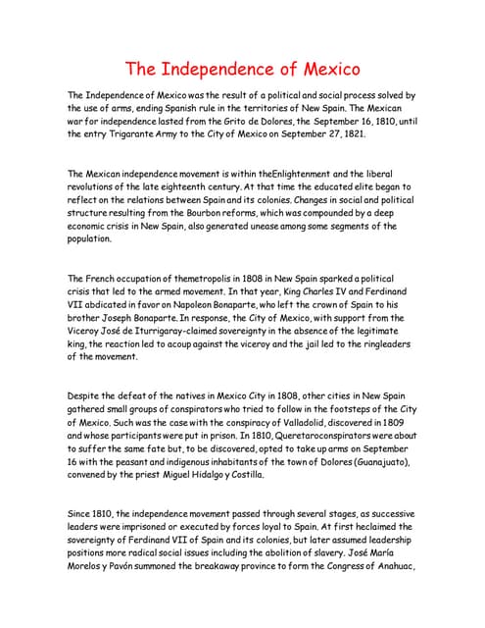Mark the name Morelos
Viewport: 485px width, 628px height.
tap(89, 566)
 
